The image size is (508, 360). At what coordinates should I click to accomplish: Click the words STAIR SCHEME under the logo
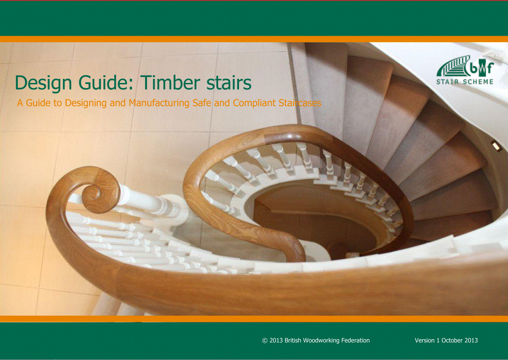(x=464, y=82)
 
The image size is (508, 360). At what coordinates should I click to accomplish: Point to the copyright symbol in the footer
(x=265, y=341)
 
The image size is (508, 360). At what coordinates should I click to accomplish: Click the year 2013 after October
(x=471, y=341)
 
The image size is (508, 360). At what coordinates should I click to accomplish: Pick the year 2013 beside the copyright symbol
(x=276, y=341)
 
